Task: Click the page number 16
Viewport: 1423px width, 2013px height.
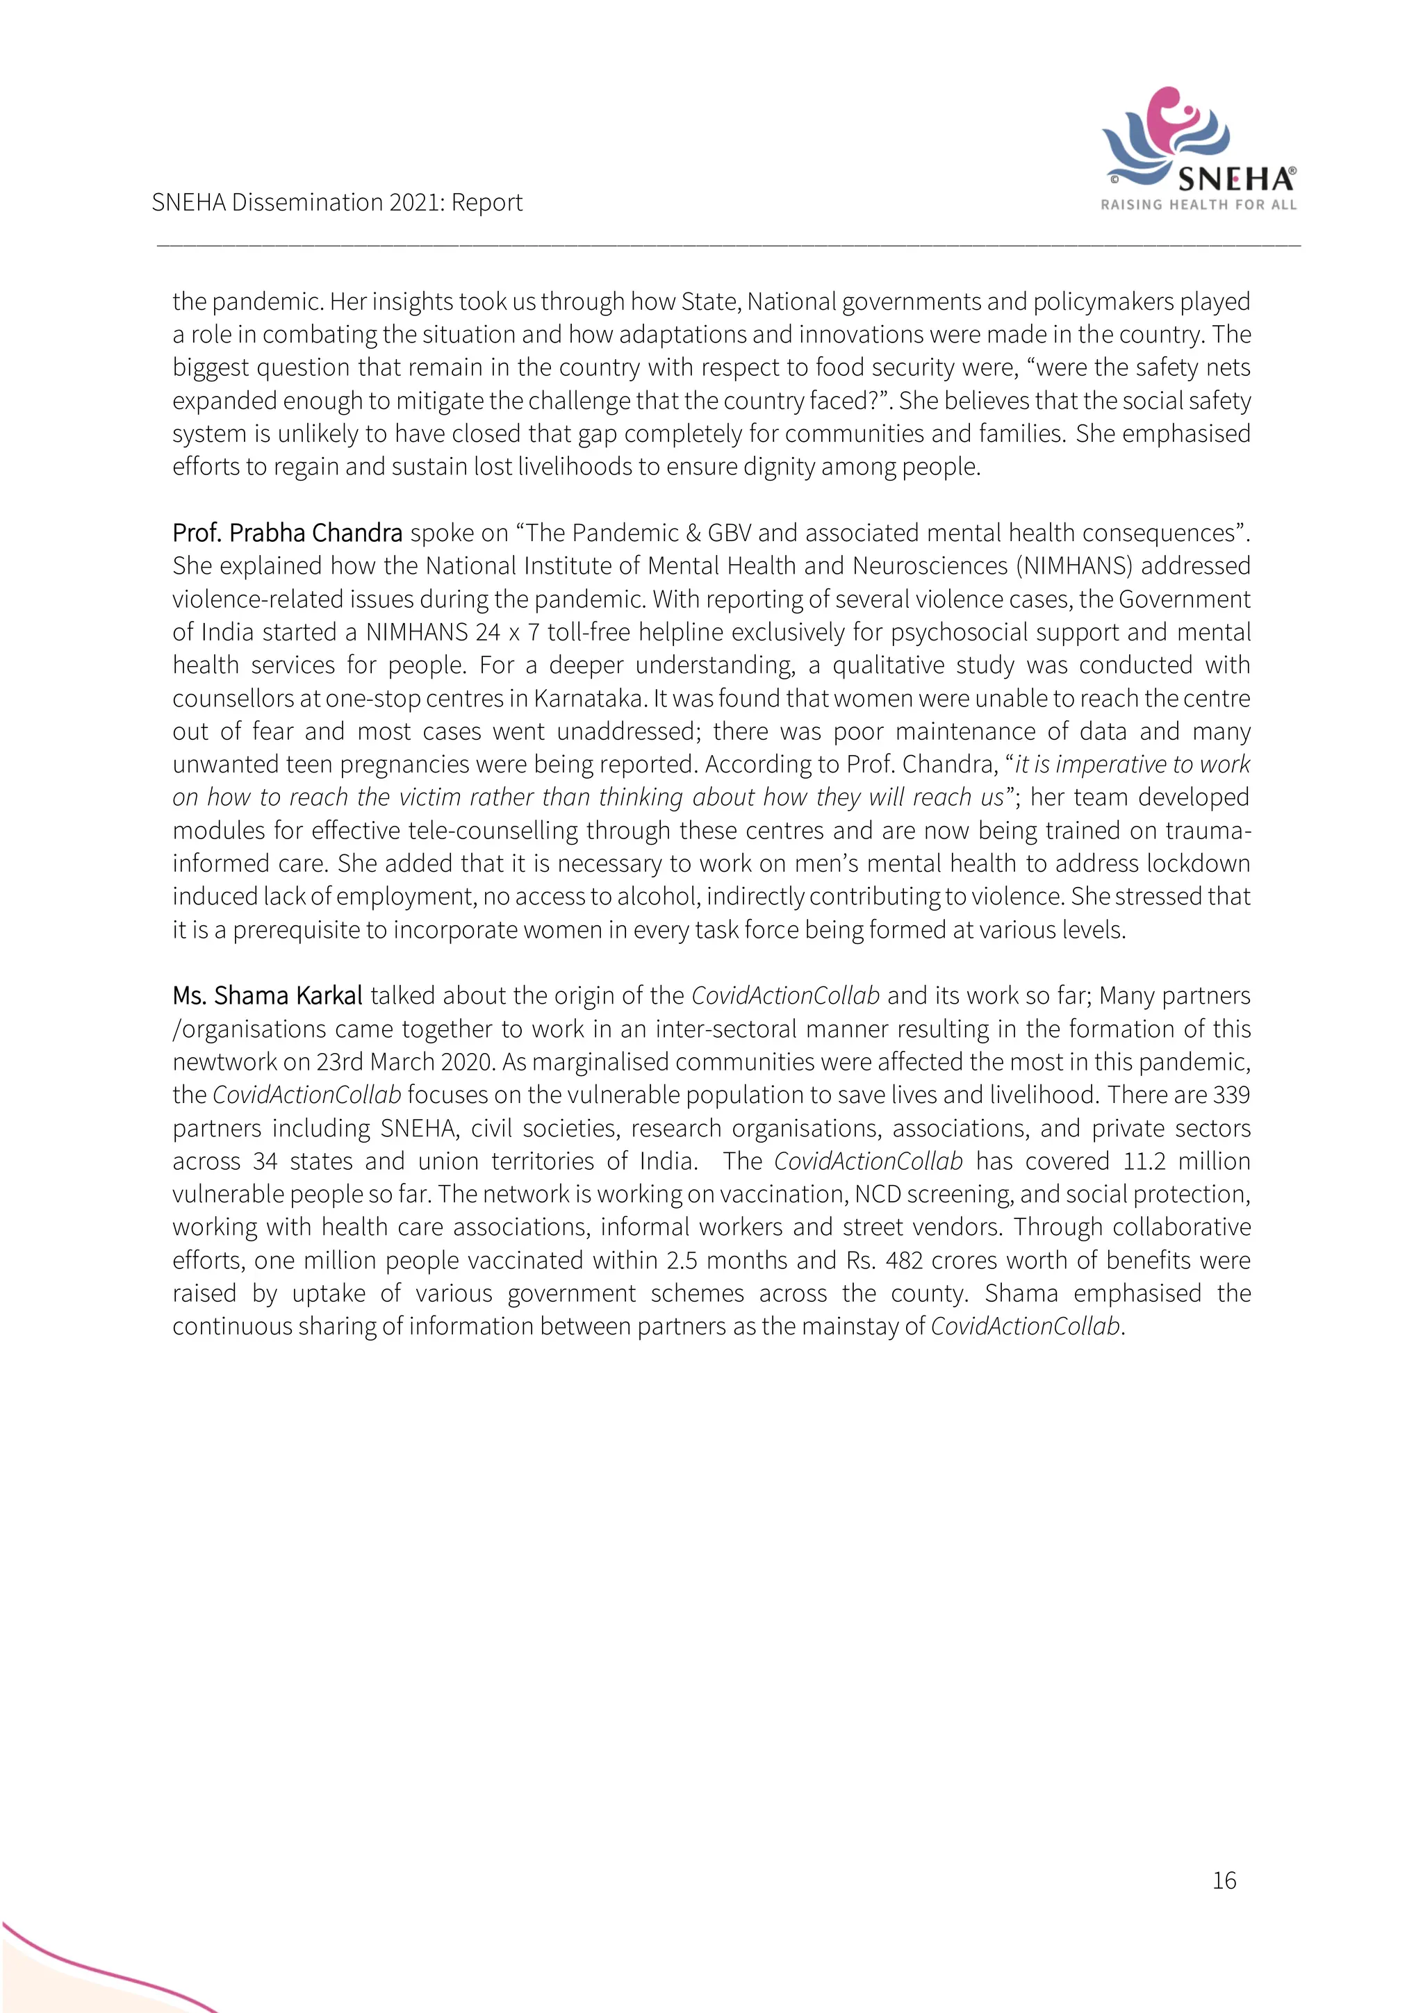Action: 1224,1880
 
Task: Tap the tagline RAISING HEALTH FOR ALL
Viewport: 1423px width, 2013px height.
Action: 1198,205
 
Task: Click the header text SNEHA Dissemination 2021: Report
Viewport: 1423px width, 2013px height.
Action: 337,203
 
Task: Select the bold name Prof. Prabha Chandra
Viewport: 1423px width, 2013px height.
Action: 287,533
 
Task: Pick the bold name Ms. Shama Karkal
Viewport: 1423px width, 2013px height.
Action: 267,996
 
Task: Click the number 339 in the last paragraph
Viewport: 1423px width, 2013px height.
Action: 1231,1095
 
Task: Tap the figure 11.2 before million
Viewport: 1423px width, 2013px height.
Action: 1143,1161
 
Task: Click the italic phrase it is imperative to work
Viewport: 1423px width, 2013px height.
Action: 1132,765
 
